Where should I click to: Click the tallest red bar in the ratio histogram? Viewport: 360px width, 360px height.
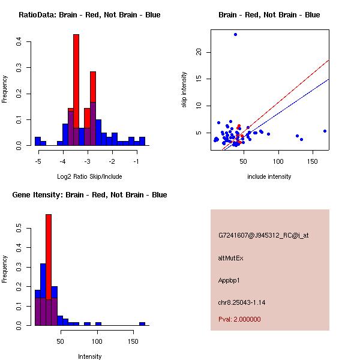[x=76, y=90]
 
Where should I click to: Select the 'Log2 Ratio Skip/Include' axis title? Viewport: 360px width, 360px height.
[x=89, y=177]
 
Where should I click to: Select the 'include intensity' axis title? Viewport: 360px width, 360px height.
[x=269, y=176]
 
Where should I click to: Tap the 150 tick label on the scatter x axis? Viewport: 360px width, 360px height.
[x=313, y=161]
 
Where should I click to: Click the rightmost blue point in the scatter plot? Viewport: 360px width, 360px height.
[x=325, y=131]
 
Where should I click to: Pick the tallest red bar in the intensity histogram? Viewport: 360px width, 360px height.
[x=49, y=270]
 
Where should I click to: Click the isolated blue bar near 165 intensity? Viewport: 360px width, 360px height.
[x=142, y=324]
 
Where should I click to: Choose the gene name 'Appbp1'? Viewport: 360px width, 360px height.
[x=229, y=280]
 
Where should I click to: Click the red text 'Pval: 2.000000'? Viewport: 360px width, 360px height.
[x=239, y=319]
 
